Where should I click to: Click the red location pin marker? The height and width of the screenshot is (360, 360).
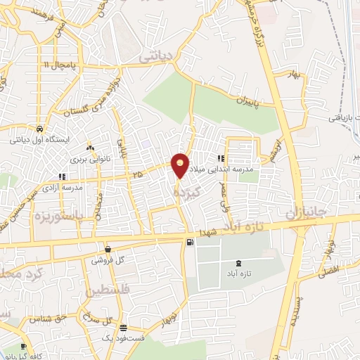point(181,165)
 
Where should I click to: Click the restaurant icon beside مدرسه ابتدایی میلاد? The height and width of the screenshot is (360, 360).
point(221,159)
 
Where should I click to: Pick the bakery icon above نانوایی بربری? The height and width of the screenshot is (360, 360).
point(89,148)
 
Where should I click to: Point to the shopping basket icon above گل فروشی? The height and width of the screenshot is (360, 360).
point(108,249)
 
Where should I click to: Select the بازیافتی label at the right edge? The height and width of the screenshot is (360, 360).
point(342,118)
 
